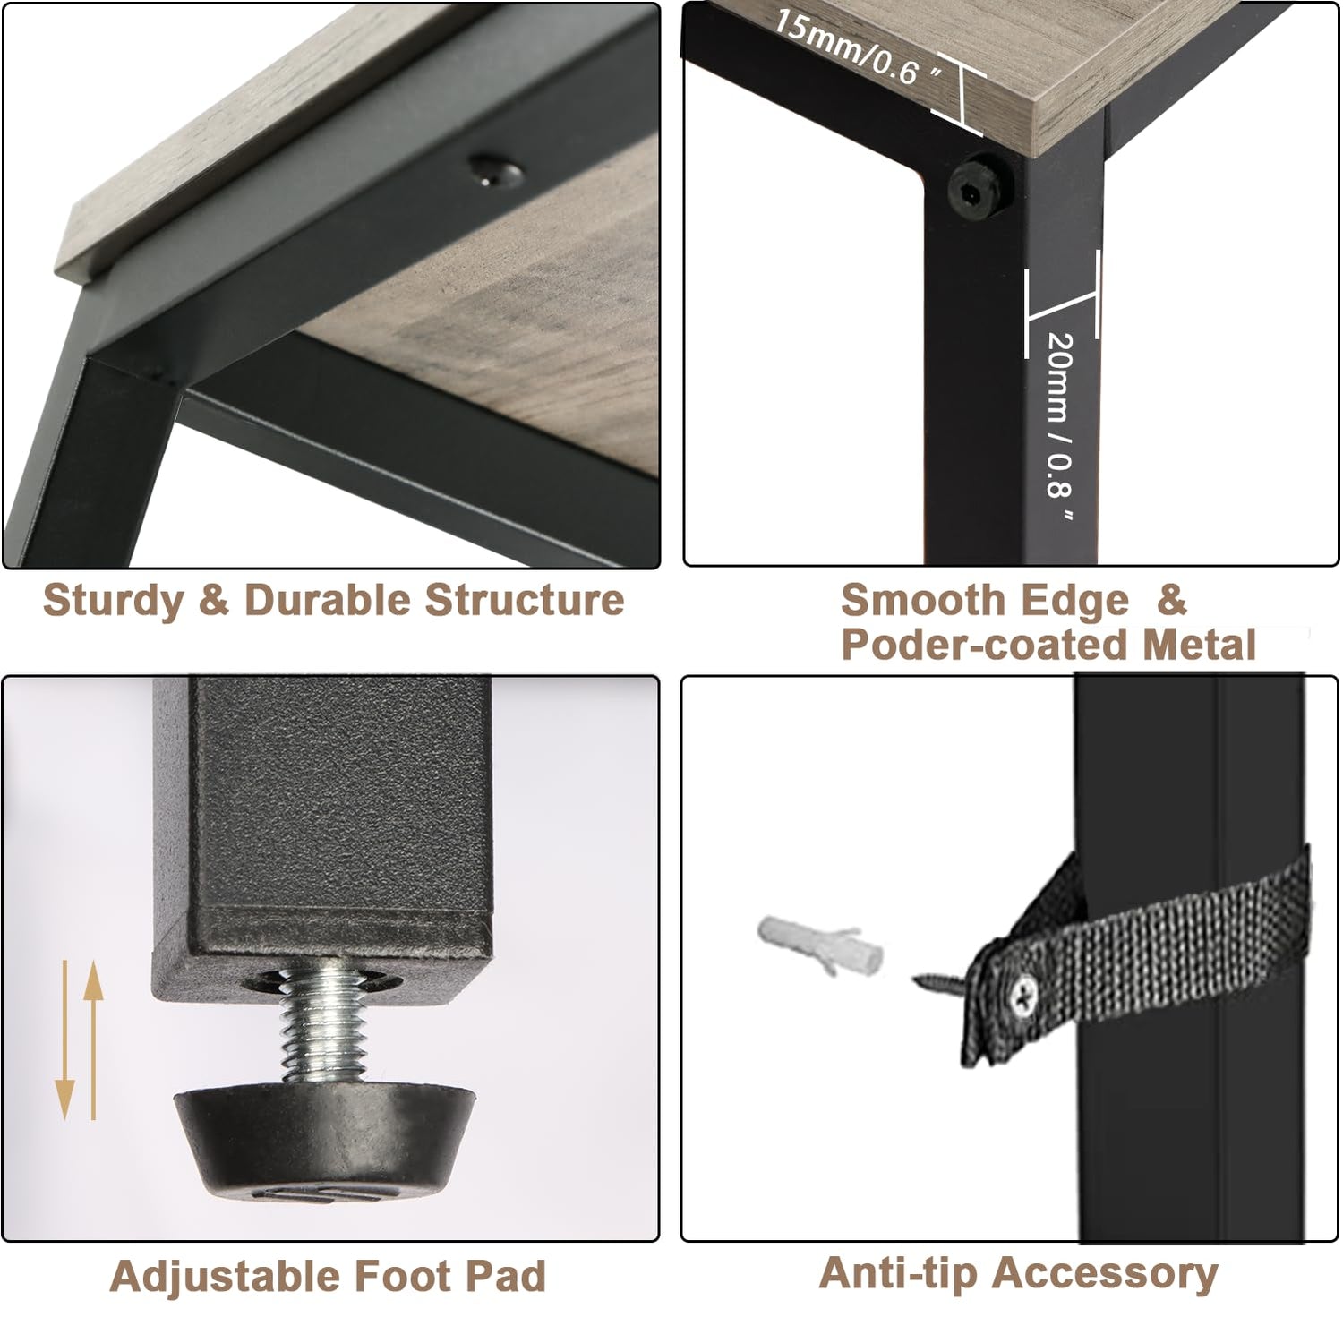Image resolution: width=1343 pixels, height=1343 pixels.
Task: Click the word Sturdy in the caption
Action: click(x=114, y=601)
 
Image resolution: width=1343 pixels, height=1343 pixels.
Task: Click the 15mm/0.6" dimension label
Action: click(x=859, y=49)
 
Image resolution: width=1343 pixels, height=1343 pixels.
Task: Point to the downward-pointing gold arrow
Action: click(x=64, y=1039)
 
